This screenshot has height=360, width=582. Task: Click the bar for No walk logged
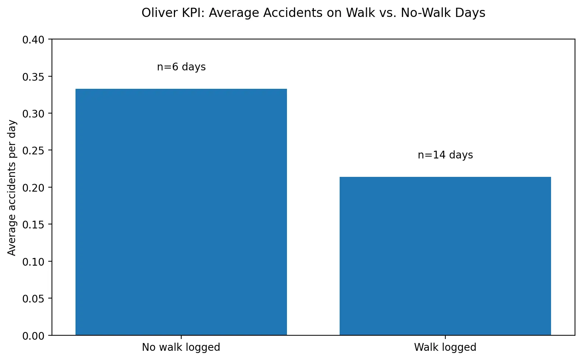181,212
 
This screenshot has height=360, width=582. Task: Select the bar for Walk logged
445,256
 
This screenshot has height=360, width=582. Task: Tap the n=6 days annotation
181,67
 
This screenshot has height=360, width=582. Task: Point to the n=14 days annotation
445,155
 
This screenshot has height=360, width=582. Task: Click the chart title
313,13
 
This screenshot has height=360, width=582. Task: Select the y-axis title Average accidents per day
12,188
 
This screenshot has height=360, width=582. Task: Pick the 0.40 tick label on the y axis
33,40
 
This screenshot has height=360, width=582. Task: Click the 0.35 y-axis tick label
33,77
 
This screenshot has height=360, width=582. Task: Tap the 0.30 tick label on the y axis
33,114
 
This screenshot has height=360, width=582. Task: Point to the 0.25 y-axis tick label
33,151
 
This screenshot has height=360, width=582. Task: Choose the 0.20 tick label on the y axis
33,188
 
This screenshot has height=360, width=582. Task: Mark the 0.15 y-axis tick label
33,225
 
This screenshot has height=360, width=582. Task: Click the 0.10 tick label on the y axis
33,262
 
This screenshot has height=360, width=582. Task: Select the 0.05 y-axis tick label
33,299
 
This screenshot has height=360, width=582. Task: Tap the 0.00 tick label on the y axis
33,336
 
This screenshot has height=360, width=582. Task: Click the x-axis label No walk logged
181,347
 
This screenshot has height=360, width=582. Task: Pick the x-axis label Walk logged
445,347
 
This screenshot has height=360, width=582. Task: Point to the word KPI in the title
194,13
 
